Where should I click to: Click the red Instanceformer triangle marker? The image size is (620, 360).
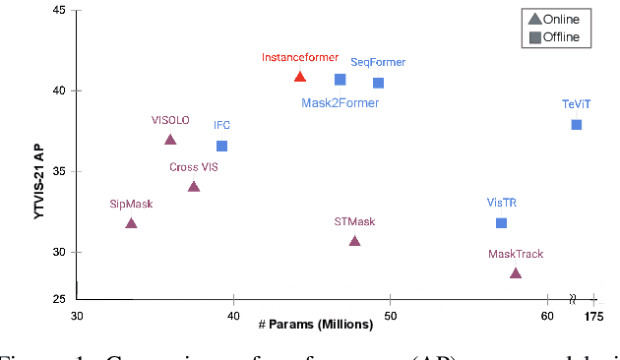tap(300, 77)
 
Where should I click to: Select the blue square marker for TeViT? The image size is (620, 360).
tap(577, 124)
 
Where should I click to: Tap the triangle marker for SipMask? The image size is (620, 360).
tap(131, 224)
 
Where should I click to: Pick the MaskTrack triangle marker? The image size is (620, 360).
tap(515, 273)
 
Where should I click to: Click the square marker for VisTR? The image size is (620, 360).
tap(501, 223)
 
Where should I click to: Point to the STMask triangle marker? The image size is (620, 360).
tap(354, 241)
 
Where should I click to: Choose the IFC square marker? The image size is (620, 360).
tap(221, 146)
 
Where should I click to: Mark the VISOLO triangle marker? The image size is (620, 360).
tap(170, 141)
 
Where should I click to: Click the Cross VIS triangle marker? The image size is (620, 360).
tap(194, 187)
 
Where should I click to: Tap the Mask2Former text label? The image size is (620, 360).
tap(340, 101)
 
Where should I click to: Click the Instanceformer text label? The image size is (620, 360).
tap(299, 57)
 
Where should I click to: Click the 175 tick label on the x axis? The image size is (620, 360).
tap(592, 317)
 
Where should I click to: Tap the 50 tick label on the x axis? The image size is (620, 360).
tap(390, 317)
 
